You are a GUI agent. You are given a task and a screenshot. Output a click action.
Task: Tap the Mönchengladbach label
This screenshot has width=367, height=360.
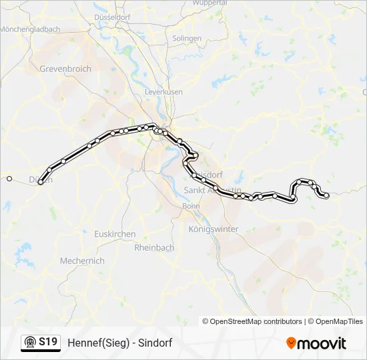coord(30,29)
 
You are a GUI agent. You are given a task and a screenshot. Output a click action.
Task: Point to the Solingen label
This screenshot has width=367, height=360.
coord(187,39)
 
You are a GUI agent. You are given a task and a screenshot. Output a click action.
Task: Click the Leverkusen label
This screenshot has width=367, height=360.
coord(163,91)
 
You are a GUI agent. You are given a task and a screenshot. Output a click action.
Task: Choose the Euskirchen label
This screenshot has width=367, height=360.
coord(115,234)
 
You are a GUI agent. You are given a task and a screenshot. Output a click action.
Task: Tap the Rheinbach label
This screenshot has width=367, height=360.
coord(154,247)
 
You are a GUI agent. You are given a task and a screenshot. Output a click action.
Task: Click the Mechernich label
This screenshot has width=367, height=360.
coord(82,261)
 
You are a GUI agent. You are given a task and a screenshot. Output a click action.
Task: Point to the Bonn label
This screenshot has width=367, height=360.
coord(186,206)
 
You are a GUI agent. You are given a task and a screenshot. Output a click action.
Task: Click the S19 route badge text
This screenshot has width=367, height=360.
coord(48,343)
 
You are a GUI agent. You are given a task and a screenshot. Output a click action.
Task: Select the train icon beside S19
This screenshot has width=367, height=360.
coord(30,343)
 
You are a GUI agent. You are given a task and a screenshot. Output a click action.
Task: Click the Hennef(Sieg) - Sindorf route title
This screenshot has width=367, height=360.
coord(120,343)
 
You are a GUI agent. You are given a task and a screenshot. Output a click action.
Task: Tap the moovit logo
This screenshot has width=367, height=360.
coord(317,343)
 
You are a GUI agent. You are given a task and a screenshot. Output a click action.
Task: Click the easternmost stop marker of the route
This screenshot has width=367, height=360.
coord(326,195)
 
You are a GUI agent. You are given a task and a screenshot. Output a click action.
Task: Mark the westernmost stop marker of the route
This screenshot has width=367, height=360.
coord(9,179)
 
